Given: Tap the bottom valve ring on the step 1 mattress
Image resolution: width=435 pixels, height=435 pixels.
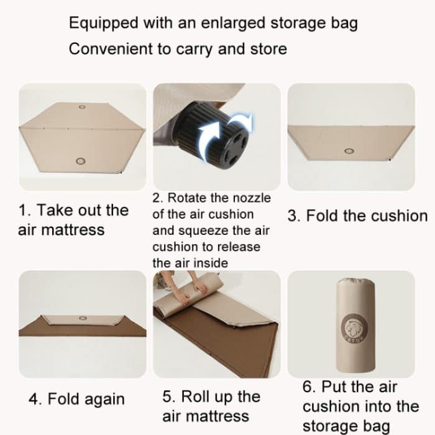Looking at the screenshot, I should pyautogui.click(x=80, y=162).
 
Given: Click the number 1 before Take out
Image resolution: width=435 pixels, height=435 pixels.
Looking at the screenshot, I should pyautogui.click(x=24, y=210).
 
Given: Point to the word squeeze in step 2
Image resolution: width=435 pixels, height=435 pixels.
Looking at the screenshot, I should pyautogui.click(x=198, y=231).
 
